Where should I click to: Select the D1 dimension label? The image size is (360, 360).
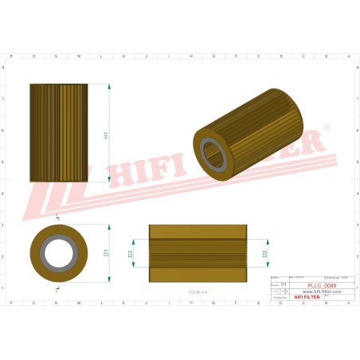(x=106, y=253)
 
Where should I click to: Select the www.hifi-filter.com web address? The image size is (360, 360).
(x=322, y=292)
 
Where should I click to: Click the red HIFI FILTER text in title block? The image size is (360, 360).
(x=307, y=297)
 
